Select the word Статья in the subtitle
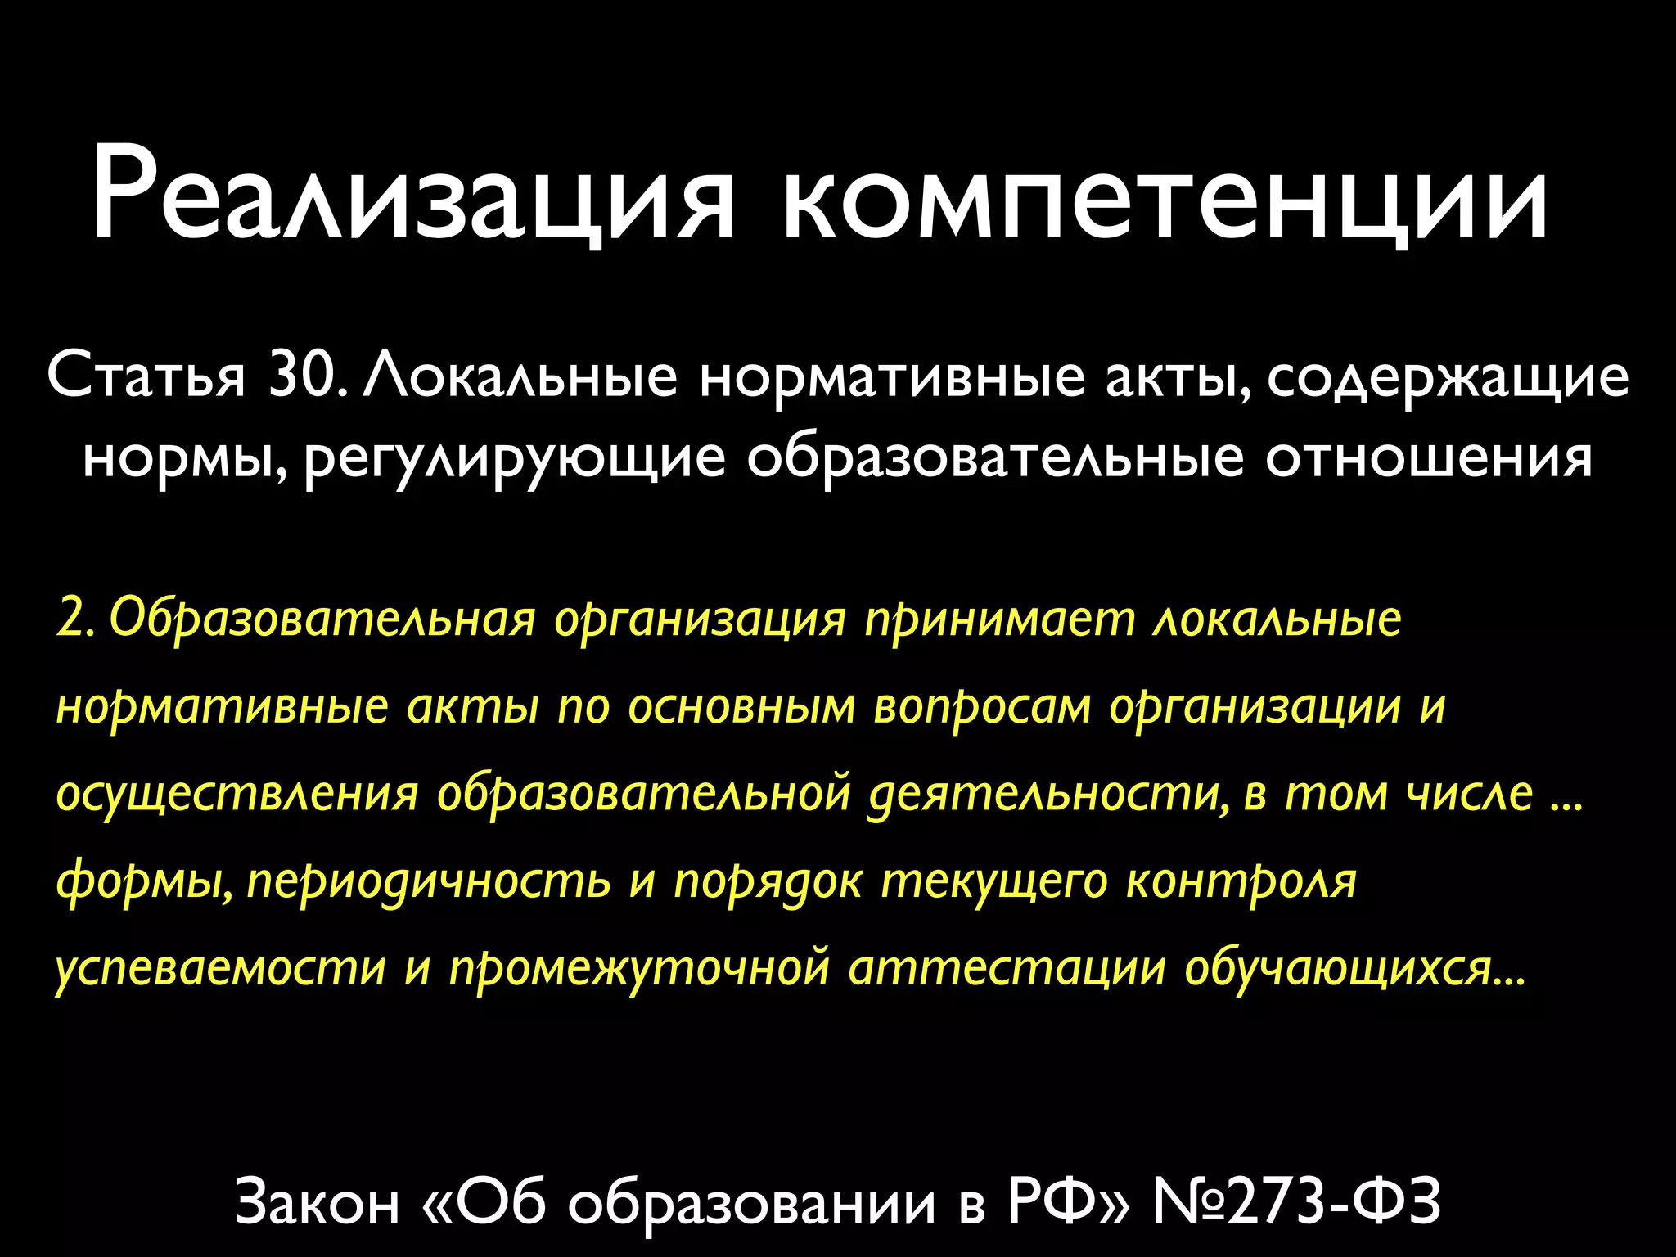146,377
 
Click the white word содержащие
1448,379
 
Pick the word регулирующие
515,459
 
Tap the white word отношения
1429,457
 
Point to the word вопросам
982,707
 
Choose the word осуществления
237,794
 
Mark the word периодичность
429,881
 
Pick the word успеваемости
221,969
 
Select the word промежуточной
639,969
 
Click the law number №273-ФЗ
1296,1201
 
